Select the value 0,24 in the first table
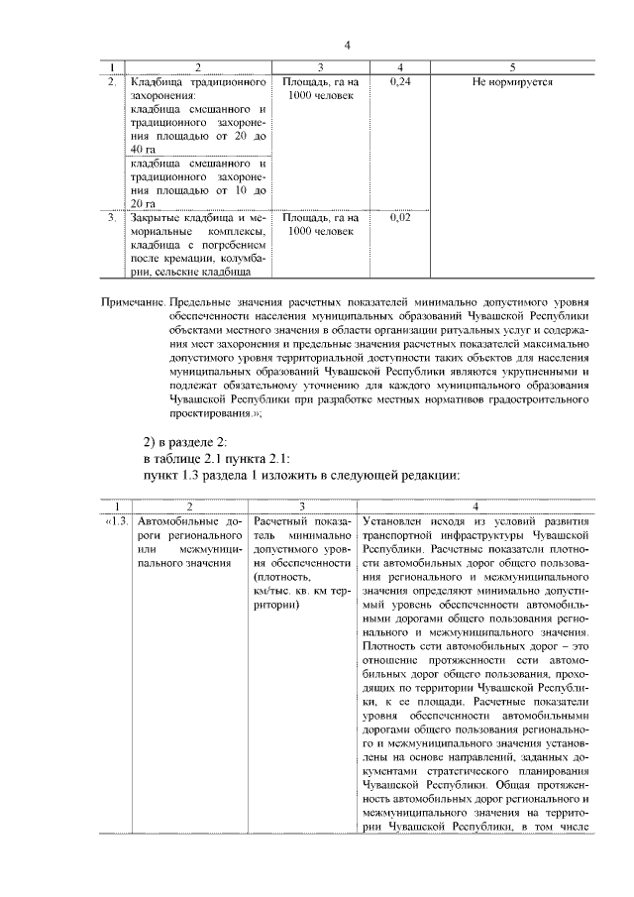click(x=401, y=81)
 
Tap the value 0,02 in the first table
click(x=401, y=216)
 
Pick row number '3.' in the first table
click(x=113, y=216)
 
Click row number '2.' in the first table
click(x=113, y=81)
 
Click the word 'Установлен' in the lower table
click(x=395, y=520)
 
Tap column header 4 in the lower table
click(x=475, y=505)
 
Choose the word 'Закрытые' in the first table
click(x=156, y=216)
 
